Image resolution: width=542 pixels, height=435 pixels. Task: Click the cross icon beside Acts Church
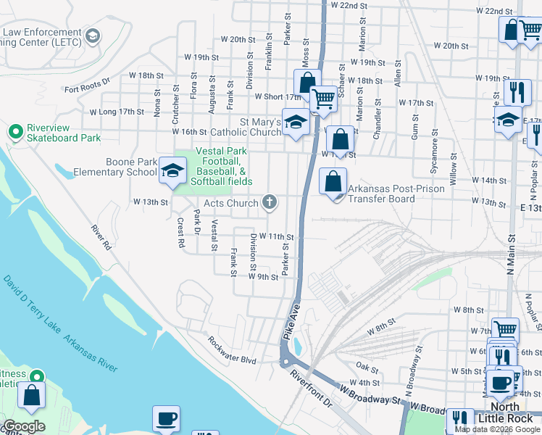[270, 202]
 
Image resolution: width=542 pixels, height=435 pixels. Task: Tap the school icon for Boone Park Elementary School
[172, 171]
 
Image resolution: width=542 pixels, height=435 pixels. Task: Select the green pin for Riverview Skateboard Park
[14, 132]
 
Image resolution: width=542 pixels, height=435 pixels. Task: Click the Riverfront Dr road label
[310, 389]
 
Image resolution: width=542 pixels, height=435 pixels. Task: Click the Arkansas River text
[91, 354]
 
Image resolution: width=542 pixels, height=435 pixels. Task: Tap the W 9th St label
[263, 276]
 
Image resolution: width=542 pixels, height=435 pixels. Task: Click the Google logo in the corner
[25, 426]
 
